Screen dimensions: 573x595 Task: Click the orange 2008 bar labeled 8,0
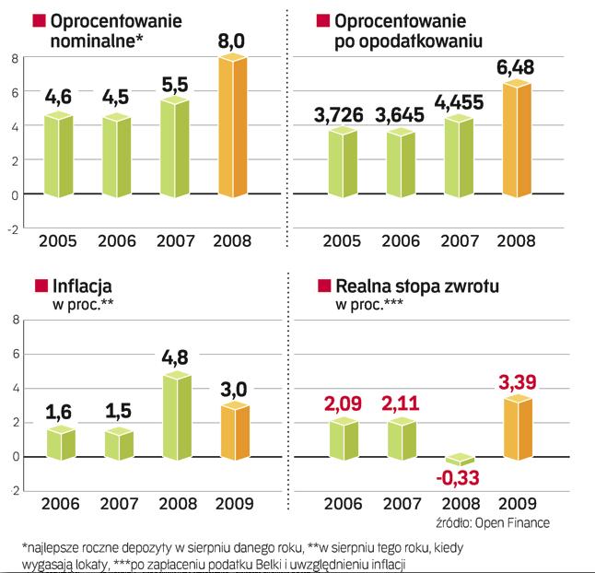tap(231, 127)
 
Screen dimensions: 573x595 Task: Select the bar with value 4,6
tap(59, 154)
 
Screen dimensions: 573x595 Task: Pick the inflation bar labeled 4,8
tap(177, 415)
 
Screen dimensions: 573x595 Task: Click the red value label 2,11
tap(401, 404)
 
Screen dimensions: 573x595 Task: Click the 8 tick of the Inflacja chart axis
tap(15, 320)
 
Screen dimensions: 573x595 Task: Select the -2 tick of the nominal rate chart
tap(13, 229)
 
